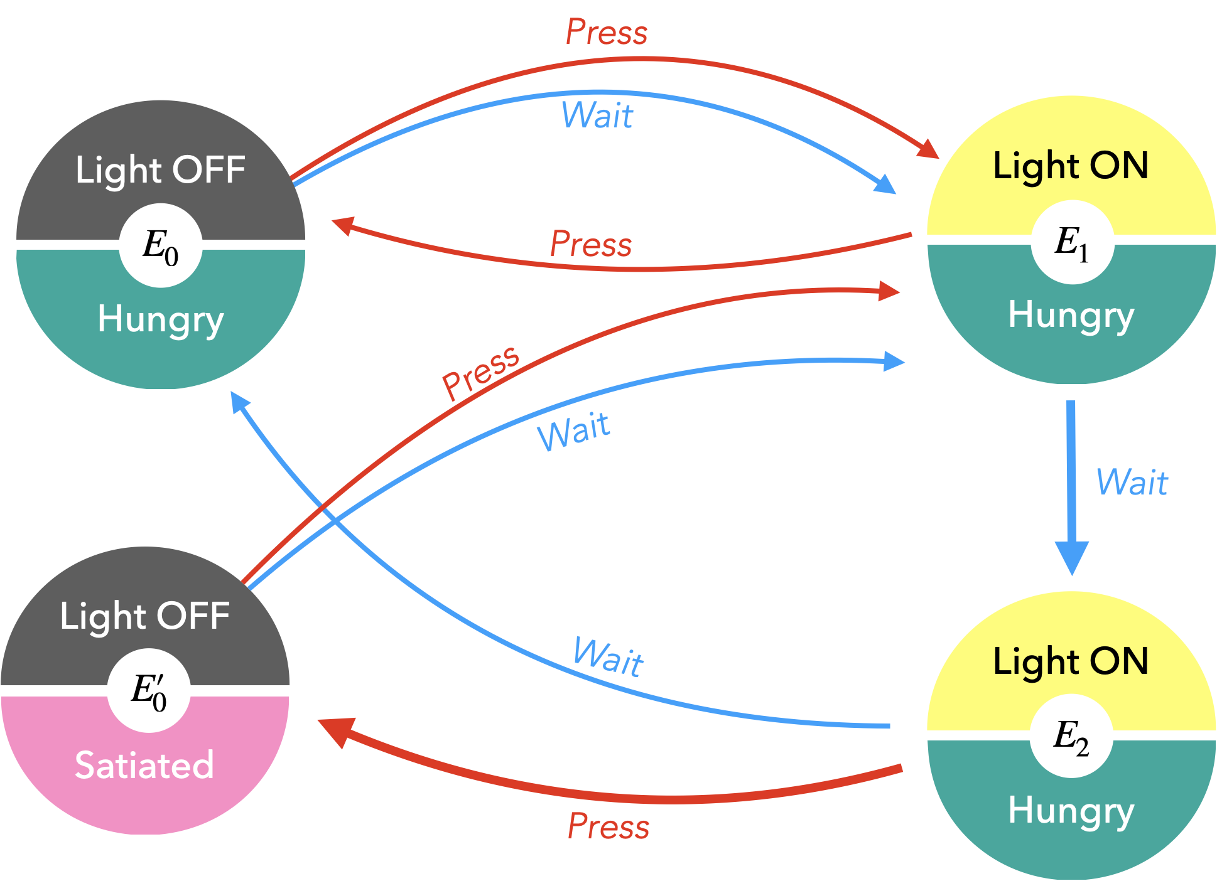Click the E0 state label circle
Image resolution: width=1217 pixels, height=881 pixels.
(161, 245)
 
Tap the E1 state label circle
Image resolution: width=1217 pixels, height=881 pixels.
(1072, 242)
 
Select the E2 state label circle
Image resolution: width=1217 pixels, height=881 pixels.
(1071, 736)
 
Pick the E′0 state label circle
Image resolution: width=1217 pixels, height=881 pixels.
(149, 690)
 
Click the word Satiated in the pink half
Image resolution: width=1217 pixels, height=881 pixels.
(144, 765)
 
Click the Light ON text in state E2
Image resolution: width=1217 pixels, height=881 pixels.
(1071, 661)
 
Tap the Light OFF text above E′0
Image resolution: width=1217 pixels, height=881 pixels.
(145, 616)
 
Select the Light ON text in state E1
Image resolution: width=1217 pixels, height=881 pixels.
(1071, 166)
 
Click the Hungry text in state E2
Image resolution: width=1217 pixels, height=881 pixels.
(1071, 811)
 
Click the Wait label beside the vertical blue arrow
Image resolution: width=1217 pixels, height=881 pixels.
(1132, 483)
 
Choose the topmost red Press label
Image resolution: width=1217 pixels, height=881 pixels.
(607, 32)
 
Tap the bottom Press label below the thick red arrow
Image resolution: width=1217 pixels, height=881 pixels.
(608, 826)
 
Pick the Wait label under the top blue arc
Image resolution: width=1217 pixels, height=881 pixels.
(597, 115)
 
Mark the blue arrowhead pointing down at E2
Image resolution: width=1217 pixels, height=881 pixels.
(1072, 557)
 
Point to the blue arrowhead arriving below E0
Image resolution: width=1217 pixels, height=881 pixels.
(239, 401)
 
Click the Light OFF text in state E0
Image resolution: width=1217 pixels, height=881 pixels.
(161, 170)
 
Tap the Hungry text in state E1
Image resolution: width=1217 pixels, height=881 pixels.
(1071, 315)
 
